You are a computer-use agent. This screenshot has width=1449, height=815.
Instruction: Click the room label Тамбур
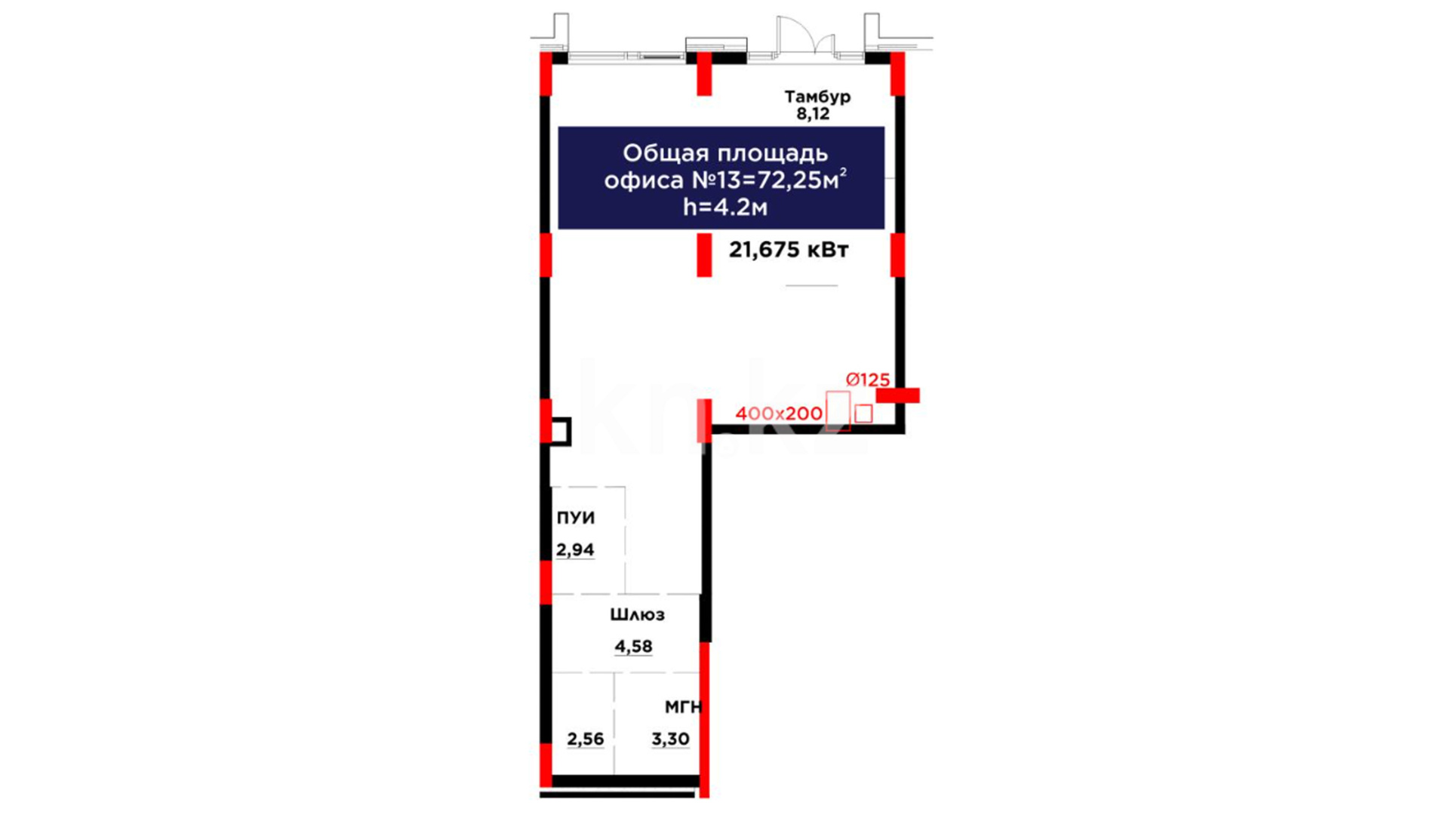click(817, 97)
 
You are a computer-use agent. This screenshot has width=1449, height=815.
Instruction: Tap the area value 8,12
click(813, 114)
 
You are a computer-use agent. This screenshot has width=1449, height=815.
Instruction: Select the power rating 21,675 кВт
click(789, 250)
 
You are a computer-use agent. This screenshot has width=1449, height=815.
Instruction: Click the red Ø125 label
click(868, 380)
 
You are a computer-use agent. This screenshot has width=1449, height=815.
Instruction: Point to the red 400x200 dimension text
click(779, 414)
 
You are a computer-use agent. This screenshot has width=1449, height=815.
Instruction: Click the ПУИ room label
click(576, 518)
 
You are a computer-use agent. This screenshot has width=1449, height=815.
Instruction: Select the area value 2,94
click(575, 550)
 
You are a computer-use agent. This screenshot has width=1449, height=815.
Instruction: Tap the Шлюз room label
click(638, 615)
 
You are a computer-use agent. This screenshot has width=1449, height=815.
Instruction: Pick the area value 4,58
click(633, 647)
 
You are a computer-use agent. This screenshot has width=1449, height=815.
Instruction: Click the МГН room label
click(683, 707)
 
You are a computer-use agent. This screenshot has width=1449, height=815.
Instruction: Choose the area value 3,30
click(670, 739)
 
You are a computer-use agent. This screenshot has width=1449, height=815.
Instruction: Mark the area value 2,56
click(586, 739)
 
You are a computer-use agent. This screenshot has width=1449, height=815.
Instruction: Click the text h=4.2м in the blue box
click(725, 207)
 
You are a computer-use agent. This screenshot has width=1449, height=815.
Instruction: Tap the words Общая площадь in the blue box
click(725, 153)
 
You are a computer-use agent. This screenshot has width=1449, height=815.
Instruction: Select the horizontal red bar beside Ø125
click(897, 395)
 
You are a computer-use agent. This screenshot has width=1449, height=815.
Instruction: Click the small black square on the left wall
click(560, 432)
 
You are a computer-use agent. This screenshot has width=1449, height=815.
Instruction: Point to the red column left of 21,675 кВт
click(704, 255)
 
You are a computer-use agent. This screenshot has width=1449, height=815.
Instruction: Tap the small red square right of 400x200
click(863, 414)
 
